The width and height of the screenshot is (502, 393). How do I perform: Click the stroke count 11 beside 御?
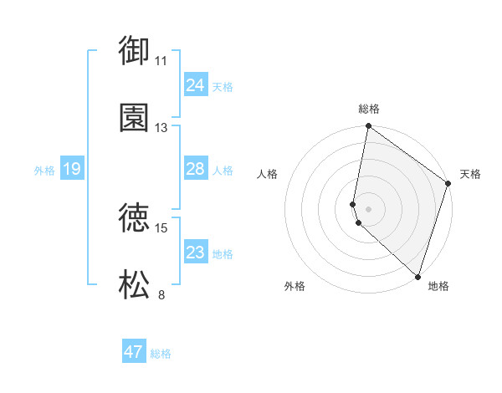pos(161,60)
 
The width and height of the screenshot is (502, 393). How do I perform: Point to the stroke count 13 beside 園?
pos(161,128)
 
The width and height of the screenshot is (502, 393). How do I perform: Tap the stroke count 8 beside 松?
pos(161,294)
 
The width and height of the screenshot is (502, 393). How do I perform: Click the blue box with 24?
pos(195,85)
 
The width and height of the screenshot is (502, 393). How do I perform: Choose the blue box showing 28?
pos(195,169)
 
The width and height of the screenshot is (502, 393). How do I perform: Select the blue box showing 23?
pos(195,253)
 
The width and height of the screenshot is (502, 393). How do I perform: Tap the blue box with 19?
pos(72,169)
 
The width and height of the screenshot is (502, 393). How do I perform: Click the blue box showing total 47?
pos(133,352)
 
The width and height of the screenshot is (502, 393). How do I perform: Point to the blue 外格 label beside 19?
pos(44,170)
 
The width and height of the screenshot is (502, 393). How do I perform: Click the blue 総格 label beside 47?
pos(161,354)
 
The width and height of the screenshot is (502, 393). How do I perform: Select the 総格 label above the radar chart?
pos(369,110)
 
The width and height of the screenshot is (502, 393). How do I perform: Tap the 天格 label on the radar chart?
pos(470,174)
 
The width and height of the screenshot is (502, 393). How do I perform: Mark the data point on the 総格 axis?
pos(368,126)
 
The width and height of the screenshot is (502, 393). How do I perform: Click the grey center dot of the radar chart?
pos(368,208)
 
